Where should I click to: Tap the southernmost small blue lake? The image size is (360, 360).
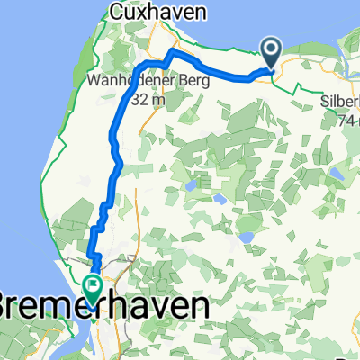[246, 238]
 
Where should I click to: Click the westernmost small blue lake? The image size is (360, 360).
[191, 186]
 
